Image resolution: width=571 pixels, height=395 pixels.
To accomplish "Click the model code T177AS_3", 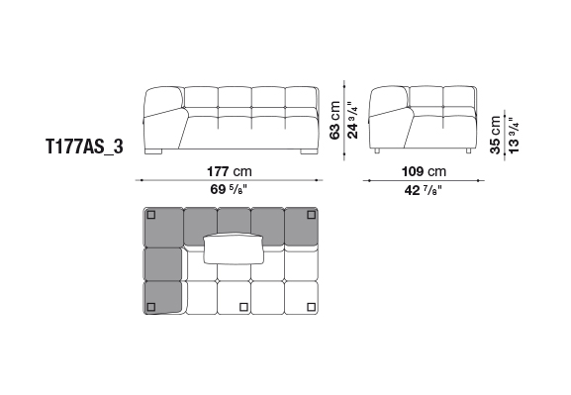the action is (84, 147).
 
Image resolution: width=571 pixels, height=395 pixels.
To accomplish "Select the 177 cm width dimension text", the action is (229, 171).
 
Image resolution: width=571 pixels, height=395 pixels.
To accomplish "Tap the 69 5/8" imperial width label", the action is (229, 189).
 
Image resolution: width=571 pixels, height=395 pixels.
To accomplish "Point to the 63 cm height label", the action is (334, 120).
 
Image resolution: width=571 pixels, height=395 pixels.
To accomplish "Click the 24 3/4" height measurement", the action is (352, 120).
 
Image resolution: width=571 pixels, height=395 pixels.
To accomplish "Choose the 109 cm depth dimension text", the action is (424, 171).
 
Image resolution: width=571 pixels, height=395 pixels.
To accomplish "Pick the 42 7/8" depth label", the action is (424, 190).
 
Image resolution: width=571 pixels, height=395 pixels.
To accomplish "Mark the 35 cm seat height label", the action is (495, 135).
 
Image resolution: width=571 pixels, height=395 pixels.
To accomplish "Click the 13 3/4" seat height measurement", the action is (513, 136).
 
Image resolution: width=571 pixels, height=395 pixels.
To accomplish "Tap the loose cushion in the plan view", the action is (234, 248).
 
